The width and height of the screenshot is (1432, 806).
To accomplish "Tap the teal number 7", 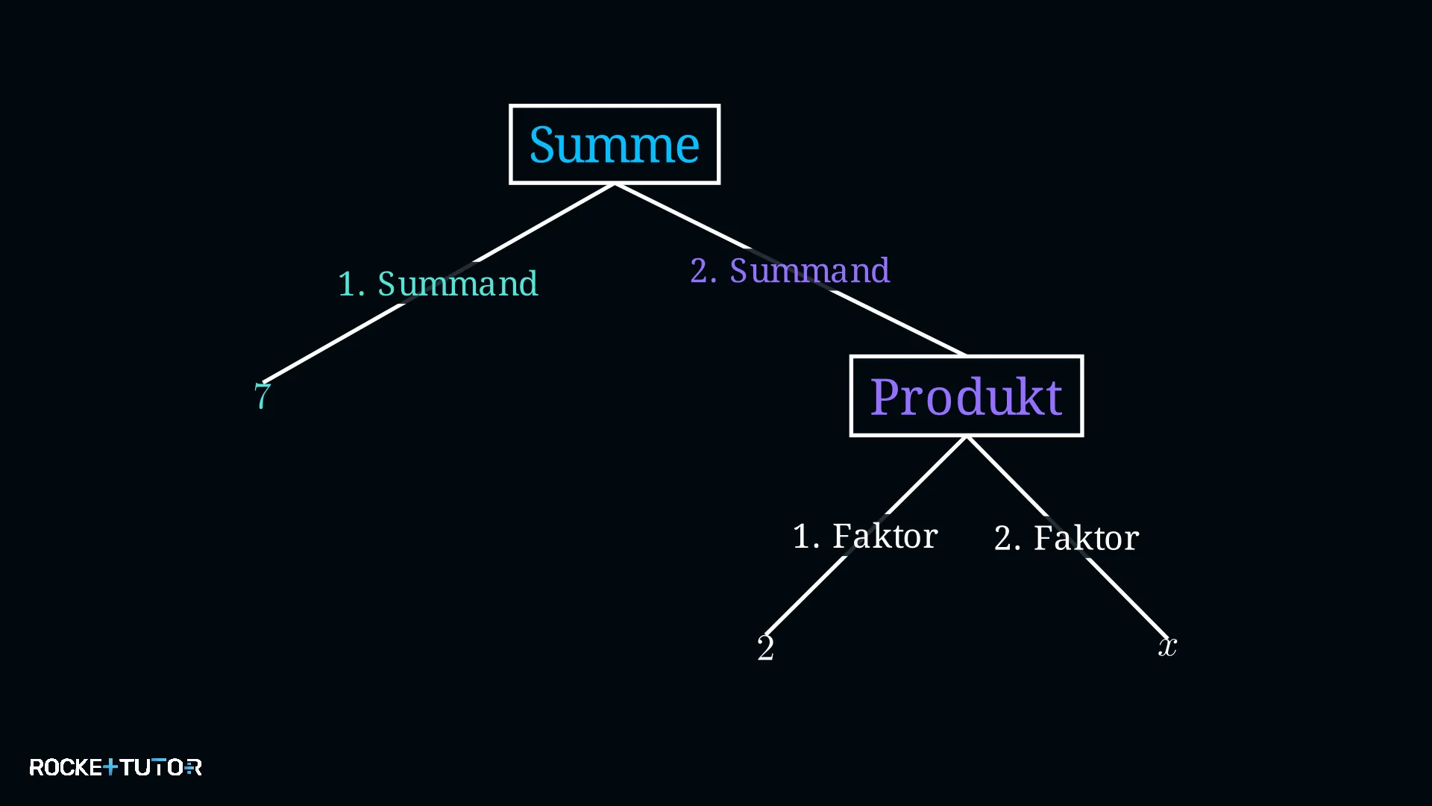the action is point(263,396).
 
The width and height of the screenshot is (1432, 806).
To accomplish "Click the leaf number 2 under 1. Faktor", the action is point(766,647).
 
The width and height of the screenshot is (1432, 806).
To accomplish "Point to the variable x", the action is point(1168,646).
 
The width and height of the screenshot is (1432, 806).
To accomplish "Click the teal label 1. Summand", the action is point(438,284).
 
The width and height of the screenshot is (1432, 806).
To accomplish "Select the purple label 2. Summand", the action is point(790,270).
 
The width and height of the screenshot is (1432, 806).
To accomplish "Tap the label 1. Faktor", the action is point(865,536).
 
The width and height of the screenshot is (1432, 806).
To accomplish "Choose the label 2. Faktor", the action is point(1067,537).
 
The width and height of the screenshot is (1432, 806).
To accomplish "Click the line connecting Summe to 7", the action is point(439,283).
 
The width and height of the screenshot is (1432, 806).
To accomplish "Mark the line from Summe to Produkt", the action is point(791,269).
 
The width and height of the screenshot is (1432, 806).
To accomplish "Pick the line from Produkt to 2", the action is point(866,536).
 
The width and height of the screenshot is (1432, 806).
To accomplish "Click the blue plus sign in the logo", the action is point(110,766).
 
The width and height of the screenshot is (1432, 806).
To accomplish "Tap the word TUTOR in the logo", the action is point(160,767).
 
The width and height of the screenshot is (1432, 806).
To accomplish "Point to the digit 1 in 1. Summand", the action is point(346,284).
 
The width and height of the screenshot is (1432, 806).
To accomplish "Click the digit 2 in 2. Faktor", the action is point(1003,538).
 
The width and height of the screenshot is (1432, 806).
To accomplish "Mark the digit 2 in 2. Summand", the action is point(699,270).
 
